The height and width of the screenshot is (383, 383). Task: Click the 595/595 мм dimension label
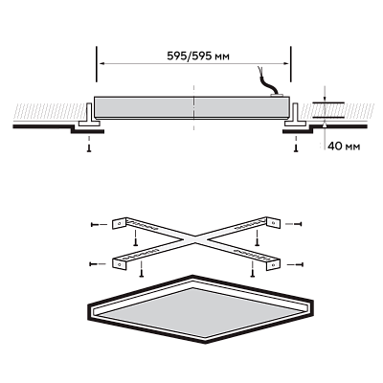pos(198,56)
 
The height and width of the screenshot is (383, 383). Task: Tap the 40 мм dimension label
pos(344,146)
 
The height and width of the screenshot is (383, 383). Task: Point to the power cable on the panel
pos(267,80)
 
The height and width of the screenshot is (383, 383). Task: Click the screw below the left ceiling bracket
pos(89,147)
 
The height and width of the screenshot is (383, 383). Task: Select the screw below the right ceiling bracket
pos(296,147)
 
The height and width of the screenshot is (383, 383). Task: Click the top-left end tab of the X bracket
pos(120,223)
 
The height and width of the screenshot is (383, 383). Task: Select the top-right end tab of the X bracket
pos(273,222)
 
